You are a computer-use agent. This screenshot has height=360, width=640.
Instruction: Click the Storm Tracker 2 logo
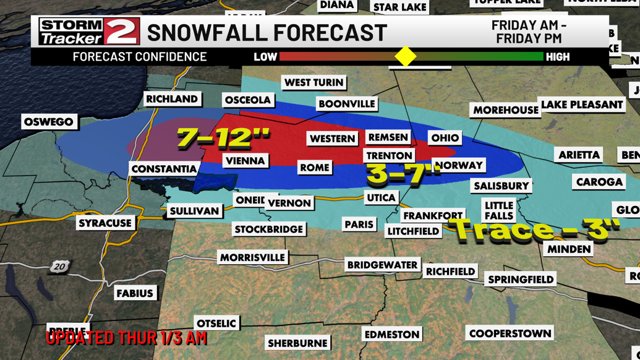point(88,32)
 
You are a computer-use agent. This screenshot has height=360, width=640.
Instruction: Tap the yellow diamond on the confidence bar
point(406,57)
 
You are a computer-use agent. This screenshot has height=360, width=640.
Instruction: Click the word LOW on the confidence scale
point(265,57)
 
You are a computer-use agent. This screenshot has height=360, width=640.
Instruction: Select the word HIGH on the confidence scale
point(558,57)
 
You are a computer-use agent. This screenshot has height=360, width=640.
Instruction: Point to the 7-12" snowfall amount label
point(223,137)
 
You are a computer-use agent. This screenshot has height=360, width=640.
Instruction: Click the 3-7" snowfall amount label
point(403,174)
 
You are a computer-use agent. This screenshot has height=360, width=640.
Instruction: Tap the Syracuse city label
point(105,223)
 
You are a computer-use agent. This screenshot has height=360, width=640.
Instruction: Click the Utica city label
point(381,198)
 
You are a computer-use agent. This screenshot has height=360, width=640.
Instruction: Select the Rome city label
point(314,168)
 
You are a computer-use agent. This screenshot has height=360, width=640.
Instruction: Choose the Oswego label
point(49,122)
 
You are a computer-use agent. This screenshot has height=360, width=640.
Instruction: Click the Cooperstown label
point(510,333)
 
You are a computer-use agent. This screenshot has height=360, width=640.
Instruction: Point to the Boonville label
point(346,104)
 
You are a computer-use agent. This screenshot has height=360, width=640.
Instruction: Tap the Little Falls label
point(498,210)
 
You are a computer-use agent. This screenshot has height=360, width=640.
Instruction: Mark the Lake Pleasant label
point(581,105)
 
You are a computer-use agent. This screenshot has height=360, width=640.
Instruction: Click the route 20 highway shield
point(59,267)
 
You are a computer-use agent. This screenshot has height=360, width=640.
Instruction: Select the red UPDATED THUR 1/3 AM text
point(127,338)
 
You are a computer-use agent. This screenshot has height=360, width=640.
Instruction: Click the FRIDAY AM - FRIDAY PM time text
point(529,32)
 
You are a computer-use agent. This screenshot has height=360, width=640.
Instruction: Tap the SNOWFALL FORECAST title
point(267,32)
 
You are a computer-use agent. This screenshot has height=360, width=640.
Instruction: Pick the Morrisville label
point(252,257)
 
